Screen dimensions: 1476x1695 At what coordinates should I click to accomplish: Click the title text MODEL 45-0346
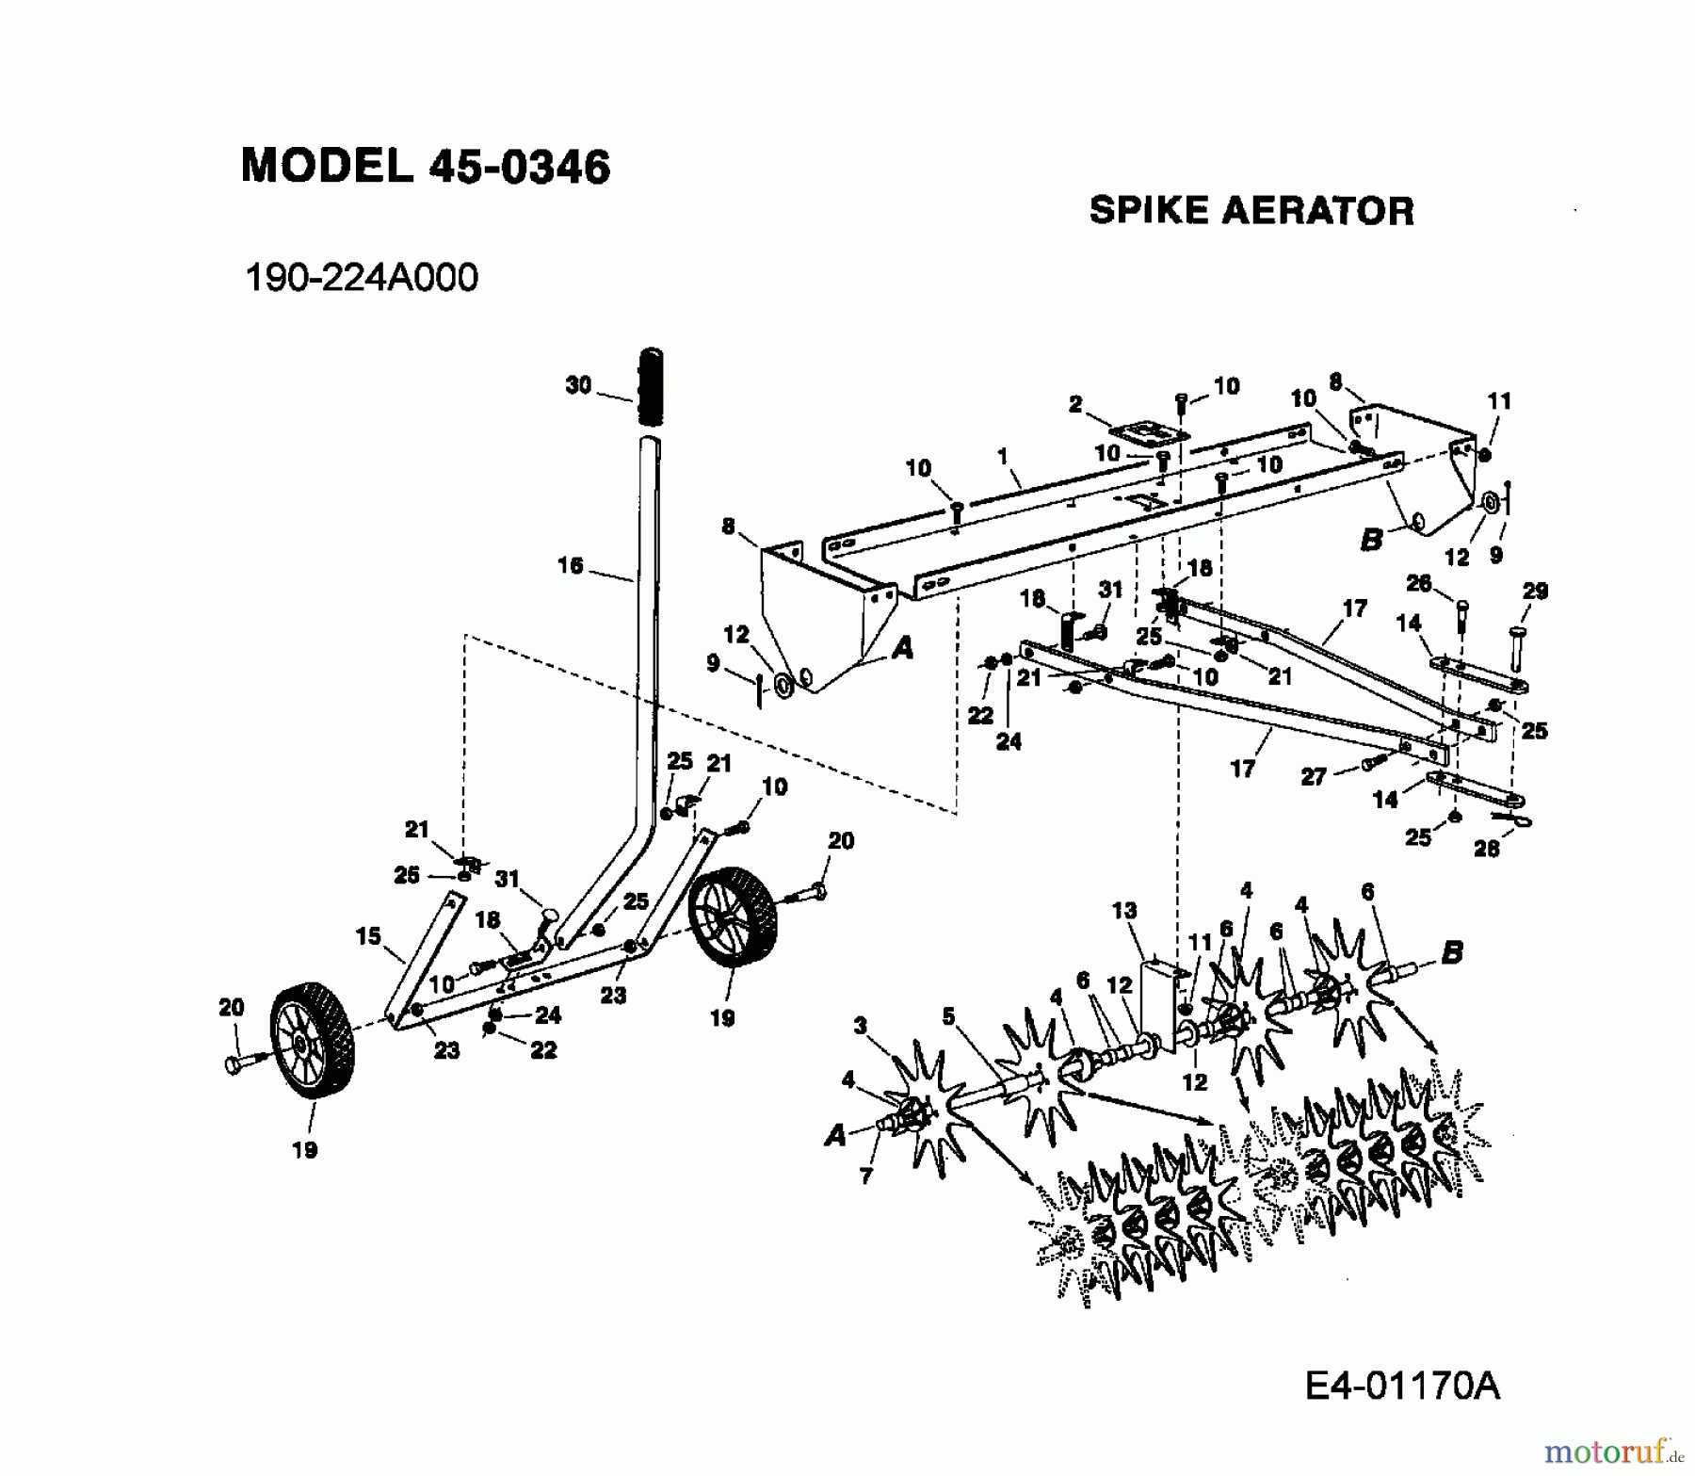pyautogui.click(x=426, y=167)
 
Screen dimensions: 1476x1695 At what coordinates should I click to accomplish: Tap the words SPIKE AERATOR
pyautogui.click(x=1251, y=211)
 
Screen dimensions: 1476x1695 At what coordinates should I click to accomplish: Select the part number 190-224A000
pyautogui.click(x=361, y=278)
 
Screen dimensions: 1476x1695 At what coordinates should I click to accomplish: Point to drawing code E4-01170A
pyautogui.click(x=1402, y=1386)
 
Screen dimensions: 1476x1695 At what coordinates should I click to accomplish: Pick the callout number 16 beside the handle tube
pyautogui.click(x=571, y=565)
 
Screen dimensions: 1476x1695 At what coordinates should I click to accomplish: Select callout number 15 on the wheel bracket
pyautogui.click(x=368, y=936)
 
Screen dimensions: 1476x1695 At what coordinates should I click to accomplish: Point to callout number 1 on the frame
pyautogui.click(x=1003, y=456)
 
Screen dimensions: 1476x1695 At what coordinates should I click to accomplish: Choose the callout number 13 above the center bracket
pyautogui.click(x=1123, y=911)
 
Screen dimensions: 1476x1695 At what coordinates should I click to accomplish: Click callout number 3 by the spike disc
pyautogui.click(x=860, y=1026)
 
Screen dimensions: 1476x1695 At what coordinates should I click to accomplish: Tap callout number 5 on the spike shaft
pyautogui.click(x=947, y=1016)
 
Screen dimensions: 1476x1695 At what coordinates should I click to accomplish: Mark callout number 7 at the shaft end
pyautogui.click(x=865, y=1176)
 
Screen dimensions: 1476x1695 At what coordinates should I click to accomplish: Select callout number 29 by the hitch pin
pyautogui.click(x=1535, y=592)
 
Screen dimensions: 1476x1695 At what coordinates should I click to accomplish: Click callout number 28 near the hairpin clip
pyautogui.click(x=1486, y=849)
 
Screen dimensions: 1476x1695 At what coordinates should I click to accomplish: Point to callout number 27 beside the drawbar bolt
pyautogui.click(x=1313, y=776)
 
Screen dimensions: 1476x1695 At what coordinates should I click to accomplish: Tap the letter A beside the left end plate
pyautogui.click(x=902, y=647)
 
